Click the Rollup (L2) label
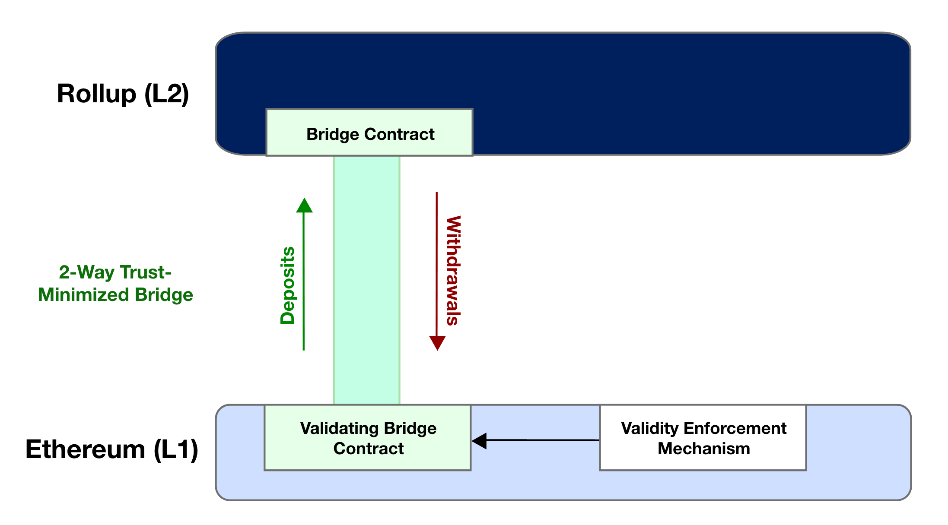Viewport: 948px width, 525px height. (123, 94)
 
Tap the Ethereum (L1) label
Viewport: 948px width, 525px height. (112, 449)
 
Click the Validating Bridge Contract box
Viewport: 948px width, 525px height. (368, 438)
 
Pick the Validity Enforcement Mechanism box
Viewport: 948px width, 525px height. (703, 438)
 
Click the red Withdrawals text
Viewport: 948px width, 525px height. (453, 270)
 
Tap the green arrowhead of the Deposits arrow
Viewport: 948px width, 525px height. (304, 206)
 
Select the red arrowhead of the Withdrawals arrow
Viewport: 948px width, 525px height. (437, 343)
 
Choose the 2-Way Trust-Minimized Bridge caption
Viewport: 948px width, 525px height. (115, 283)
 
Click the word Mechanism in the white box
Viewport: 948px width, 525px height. (704, 449)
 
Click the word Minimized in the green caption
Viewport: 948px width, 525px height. (84, 295)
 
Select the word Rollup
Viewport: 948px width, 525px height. (96, 94)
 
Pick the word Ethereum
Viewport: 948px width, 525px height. (86, 449)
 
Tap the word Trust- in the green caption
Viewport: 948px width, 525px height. (146, 272)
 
